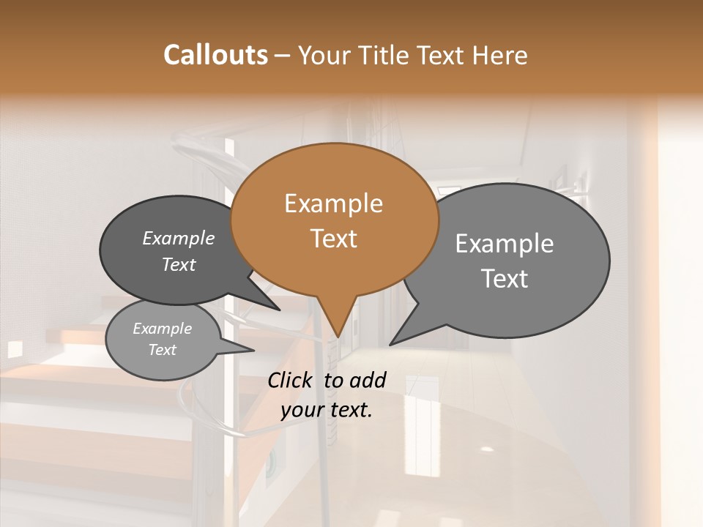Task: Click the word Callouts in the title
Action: pyautogui.click(x=215, y=55)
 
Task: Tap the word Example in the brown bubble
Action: pyautogui.click(x=333, y=203)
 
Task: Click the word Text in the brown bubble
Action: pyautogui.click(x=333, y=239)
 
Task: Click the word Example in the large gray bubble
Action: pyautogui.click(x=505, y=244)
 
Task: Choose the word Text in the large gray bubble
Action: pyautogui.click(x=505, y=279)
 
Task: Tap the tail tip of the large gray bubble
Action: pyautogui.click(x=390, y=345)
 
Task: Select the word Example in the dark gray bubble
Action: pyautogui.click(x=179, y=238)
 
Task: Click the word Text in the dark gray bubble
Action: pyautogui.click(x=179, y=264)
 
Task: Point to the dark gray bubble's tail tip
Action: pyautogui.click(x=280, y=310)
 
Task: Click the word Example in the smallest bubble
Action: pyautogui.click(x=162, y=329)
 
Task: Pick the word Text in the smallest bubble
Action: pyautogui.click(x=162, y=350)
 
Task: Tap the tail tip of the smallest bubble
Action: pyautogui.click(x=253, y=351)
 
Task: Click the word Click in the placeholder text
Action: pyautogui.click(x=292, y=380)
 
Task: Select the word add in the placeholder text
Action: pyautogui.click(x=368, y=380)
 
